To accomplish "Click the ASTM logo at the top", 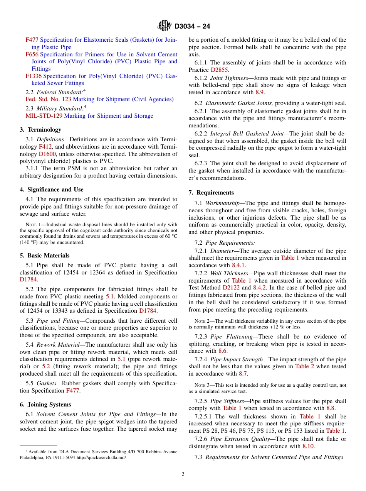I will (x=165, y=26).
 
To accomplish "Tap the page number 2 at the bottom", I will (x=183, y=474).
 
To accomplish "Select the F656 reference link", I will (x=32, y=54).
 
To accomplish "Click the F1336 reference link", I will (x=34, y=76).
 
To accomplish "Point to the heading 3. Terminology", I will (x=40, y=130).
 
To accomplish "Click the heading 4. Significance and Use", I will (x=52, y=190).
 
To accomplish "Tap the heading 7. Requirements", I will (x=211, y=193).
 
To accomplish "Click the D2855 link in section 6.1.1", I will (x=219, y=70).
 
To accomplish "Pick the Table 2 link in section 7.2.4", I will (x=302, y=366).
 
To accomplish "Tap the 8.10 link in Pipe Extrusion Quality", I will (x=308, y=446).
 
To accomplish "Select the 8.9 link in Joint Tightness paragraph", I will (x=260, y=92).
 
